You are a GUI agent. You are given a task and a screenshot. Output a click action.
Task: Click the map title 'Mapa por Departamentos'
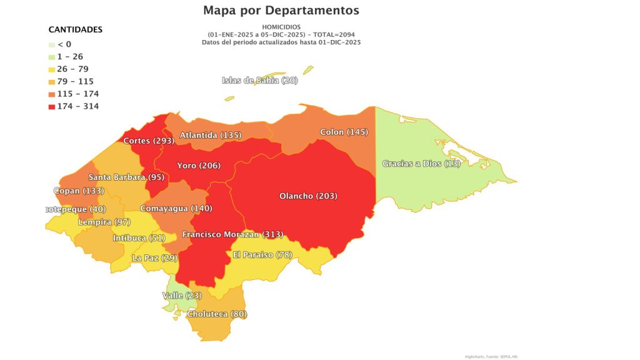281,11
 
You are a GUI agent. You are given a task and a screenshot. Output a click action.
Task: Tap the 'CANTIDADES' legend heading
76,29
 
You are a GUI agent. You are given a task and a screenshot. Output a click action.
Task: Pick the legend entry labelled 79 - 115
74,81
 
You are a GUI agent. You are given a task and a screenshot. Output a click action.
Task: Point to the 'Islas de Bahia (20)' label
260,80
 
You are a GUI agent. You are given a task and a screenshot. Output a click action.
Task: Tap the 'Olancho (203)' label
308,196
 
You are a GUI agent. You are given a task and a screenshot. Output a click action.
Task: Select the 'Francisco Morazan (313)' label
232,234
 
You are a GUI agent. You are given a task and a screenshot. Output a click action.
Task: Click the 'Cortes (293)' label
148,141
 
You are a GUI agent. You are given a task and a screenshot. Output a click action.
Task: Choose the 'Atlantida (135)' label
211,135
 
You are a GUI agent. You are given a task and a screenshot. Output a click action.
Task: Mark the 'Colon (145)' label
344,132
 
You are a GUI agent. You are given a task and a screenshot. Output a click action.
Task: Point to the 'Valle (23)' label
181,295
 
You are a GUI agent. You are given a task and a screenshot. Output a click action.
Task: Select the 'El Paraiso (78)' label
261,254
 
